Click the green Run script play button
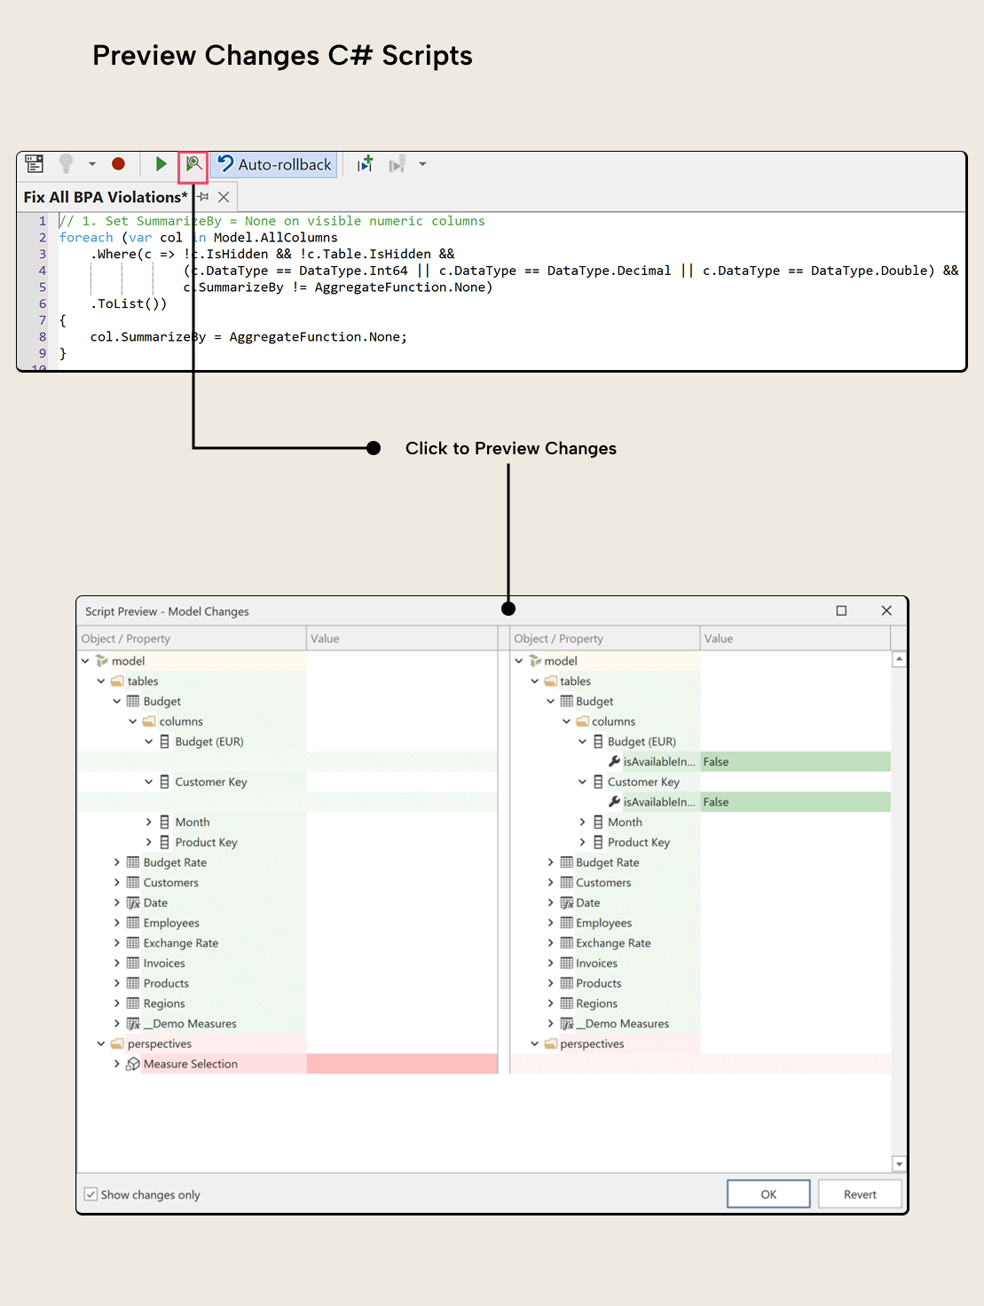pos(161,164)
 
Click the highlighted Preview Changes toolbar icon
pos(193,164)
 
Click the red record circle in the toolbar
pos(118,164)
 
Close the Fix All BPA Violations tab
pos(224,197)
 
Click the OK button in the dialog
pos(768,1194)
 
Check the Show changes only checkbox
pos(91,1194)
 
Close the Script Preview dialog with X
pos(886,610)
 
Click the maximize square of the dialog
pos(841,610)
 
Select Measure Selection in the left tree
pos(190,1064)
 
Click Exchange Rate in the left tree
pos(180,943)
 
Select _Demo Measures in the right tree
pos(626,1024)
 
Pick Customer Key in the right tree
pos(643,782)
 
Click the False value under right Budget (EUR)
pos(716,761)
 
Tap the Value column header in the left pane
pos(325,639)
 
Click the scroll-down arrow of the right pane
pos(899,1164)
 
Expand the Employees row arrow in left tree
pos(116,923)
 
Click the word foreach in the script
pos(86,238)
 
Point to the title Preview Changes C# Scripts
pos(282,55)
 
